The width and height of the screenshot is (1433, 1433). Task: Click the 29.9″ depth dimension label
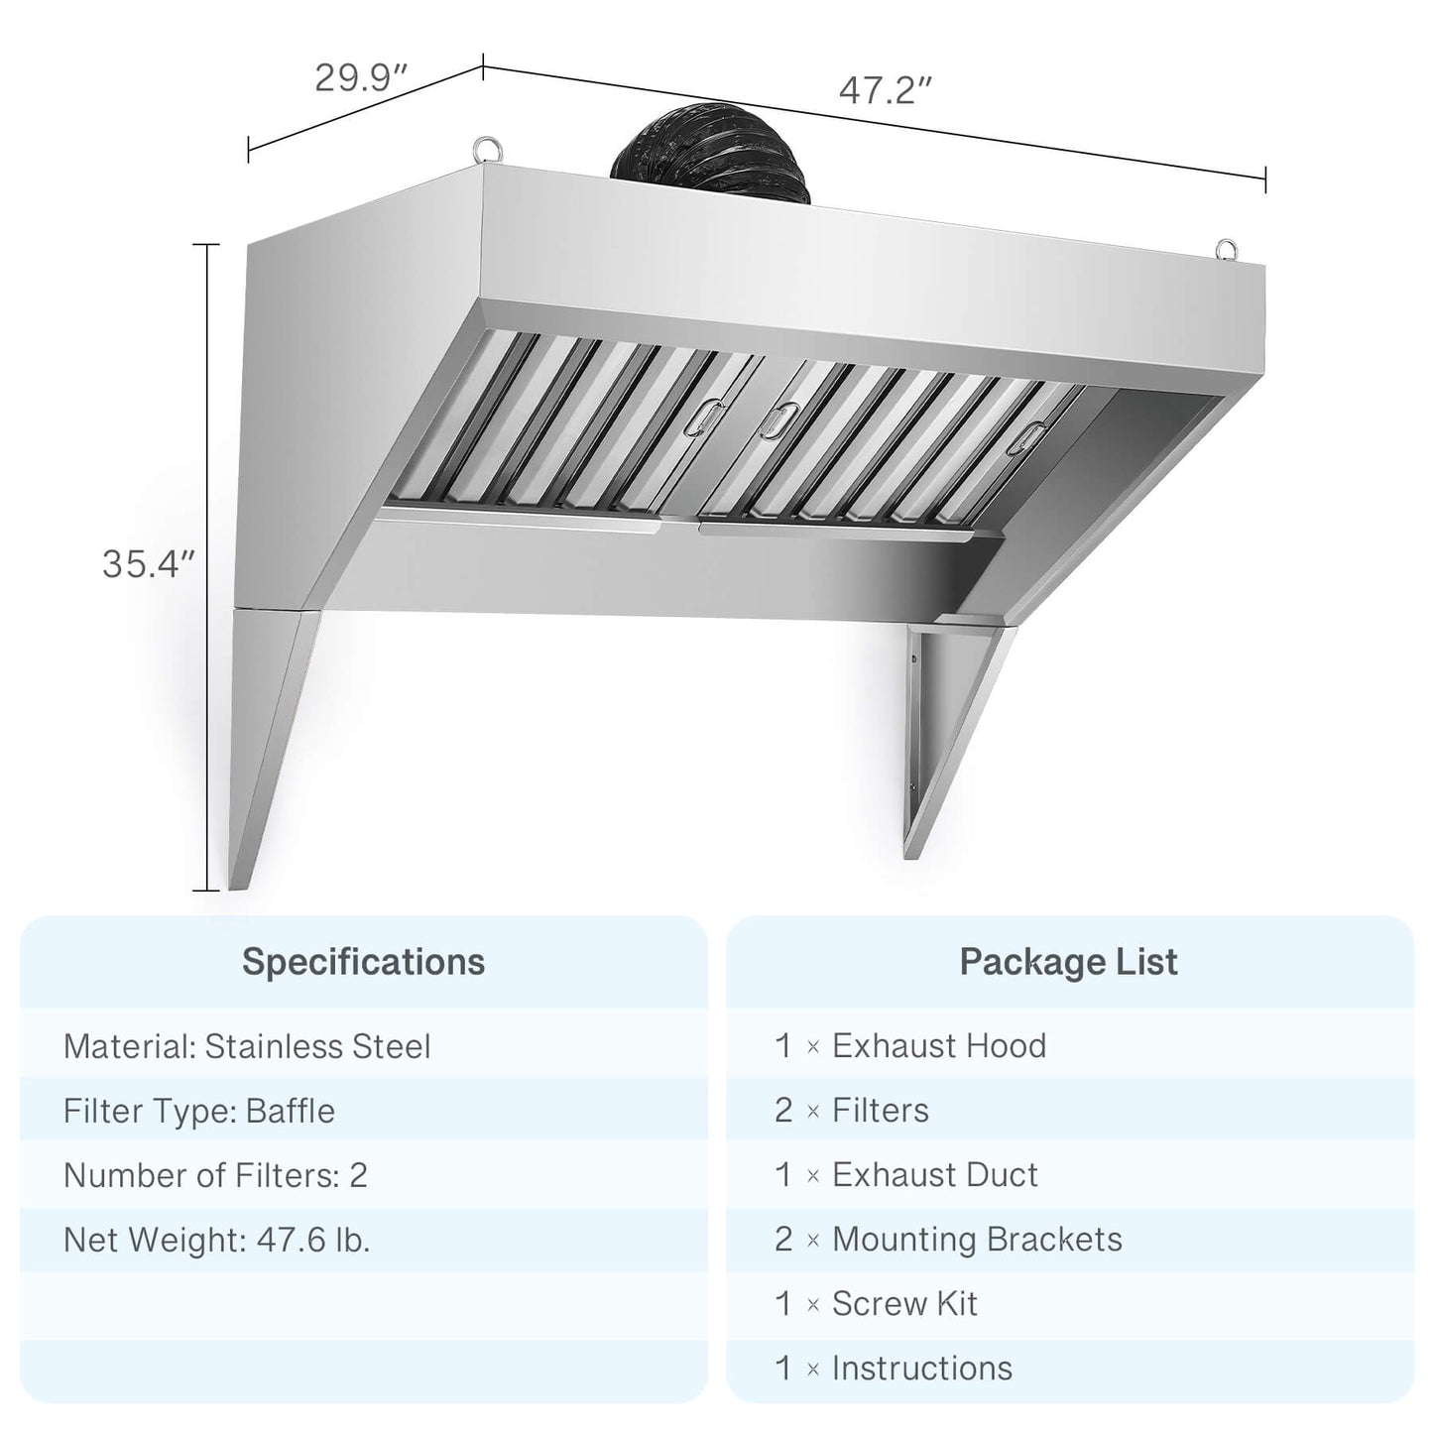pos(362,77)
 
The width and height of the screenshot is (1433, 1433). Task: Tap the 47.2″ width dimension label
pos(886,90)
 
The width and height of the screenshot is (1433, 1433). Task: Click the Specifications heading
pos(364,962)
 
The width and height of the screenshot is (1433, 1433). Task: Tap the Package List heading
pos(1068,962)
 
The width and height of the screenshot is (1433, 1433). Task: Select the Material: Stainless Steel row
pos(247,1046)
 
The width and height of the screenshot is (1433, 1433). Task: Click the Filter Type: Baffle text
pos(199,1111)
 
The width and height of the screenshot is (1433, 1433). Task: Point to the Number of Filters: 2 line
pos(215,1175)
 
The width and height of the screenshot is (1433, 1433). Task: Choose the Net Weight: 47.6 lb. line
pos(216,1240)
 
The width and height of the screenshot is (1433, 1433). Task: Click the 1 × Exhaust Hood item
pos(909,1045)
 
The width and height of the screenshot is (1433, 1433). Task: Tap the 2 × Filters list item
pos(851,1110)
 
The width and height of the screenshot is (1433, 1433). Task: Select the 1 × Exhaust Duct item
pos(905,1174)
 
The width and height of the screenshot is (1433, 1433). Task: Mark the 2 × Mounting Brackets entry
pos(948,1239)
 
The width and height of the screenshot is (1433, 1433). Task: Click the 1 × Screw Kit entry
pos(876,1303)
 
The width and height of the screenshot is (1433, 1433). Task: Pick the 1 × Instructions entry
pos(893,1368)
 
